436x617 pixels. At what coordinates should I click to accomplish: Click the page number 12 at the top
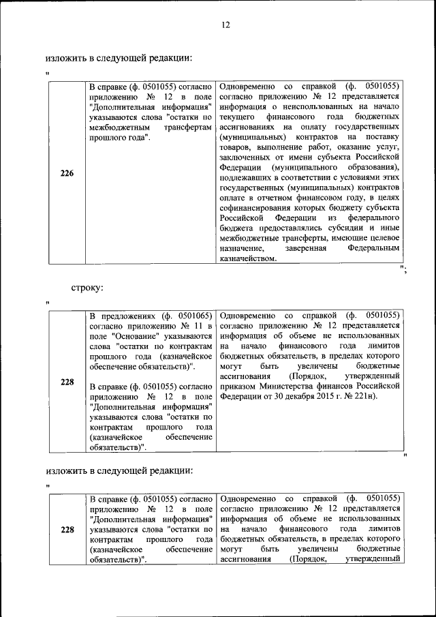(225, 25)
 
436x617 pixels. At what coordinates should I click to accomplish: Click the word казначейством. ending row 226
(248, 259)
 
